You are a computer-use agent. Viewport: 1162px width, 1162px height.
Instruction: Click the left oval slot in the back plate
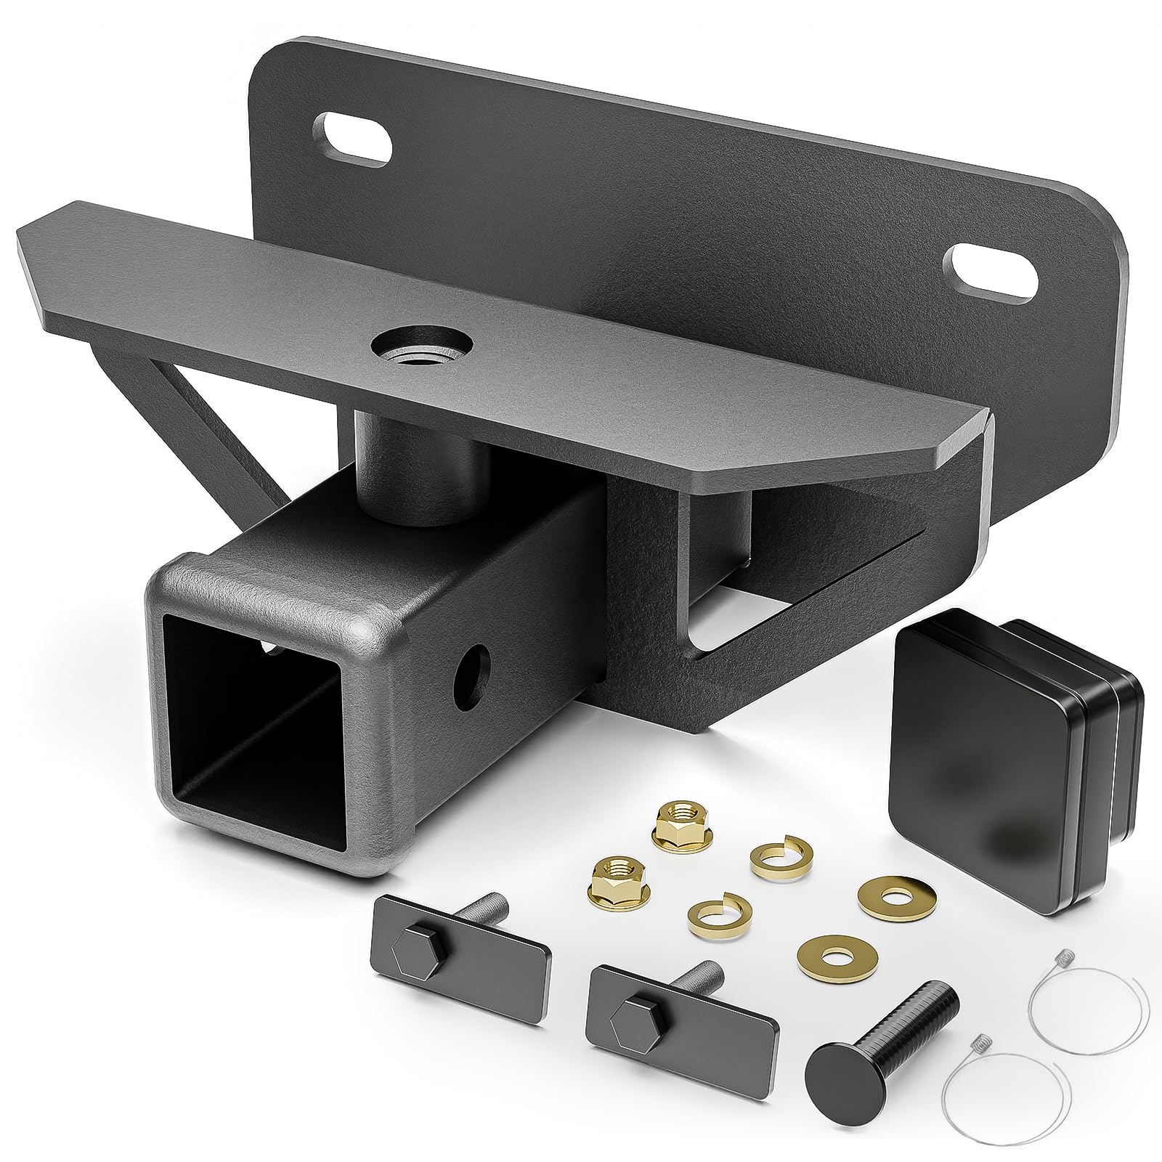pyautogui.click(x=350, y=137)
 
